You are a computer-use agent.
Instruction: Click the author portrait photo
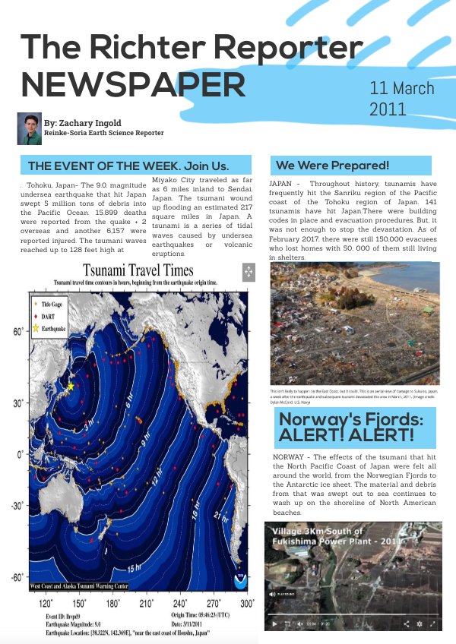click(29, 128)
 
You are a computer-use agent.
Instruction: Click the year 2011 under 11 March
click(388, 109)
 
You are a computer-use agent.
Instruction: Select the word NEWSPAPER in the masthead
click(134, 84)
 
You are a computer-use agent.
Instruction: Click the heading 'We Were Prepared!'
click(332, 165)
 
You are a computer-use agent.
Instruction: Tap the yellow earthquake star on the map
click(71, 386)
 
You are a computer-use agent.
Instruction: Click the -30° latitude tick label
click(14, 506)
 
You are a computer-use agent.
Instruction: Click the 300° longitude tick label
click(247, 603)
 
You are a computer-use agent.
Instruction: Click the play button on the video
click(274, 623)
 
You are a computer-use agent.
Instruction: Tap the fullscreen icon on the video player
click(432, 623)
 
